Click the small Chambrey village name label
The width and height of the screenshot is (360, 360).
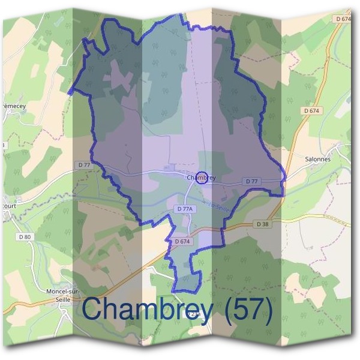(200, 178)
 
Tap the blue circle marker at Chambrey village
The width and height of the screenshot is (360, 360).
(202, 178)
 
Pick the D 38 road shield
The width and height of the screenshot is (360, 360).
(262, 224)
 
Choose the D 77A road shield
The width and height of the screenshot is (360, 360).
(185, 209)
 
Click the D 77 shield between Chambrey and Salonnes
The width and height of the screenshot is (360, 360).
(251, 181)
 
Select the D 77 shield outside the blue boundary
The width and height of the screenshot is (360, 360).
(83, 164)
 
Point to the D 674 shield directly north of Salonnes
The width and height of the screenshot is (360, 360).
(311, 111)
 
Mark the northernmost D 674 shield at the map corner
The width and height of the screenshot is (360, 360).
(344, 19)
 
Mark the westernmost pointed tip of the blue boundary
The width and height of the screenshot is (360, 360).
(70, 93)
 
